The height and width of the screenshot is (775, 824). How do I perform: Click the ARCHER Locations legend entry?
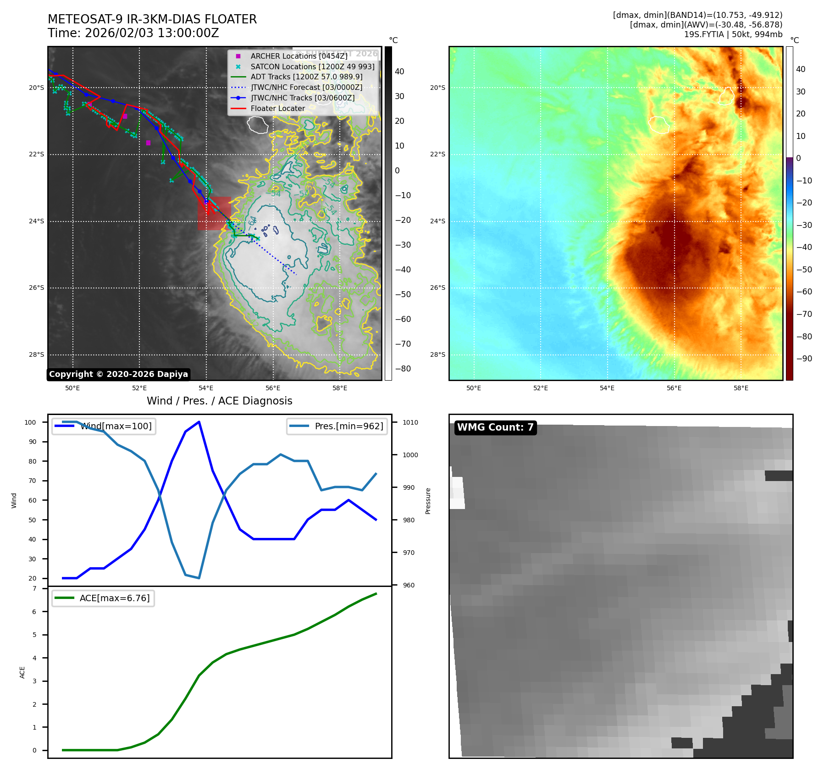[299, 56]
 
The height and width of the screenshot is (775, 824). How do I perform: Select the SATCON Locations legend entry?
[312, 66]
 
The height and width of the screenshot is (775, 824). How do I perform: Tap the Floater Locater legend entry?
[277, 109]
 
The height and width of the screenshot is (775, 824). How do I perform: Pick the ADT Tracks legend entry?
[306, 77]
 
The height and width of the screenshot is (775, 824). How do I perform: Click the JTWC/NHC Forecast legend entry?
[306, 88]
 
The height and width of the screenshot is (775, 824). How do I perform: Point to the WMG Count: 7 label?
[495, 427]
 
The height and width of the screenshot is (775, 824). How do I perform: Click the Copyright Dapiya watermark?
[118, 374]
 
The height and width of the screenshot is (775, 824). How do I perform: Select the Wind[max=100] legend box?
[104, 426]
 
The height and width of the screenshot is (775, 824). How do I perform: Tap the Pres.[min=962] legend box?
[337, 426]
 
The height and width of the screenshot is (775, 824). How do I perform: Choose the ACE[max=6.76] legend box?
[103, 598]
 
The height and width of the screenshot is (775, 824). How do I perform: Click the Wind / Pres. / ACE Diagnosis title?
[219, 401]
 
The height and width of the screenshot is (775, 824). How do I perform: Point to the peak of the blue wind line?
[199, 422]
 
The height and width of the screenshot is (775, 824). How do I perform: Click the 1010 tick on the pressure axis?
[410, 422]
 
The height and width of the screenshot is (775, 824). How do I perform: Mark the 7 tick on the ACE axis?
[34, 588]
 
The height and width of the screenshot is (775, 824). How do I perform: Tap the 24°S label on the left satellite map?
[37, 221]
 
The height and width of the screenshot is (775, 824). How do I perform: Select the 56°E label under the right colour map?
[674, 388]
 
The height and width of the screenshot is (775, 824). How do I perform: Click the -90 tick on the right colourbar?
[804, 359]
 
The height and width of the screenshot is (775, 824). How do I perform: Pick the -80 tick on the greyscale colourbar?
[403, 369]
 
